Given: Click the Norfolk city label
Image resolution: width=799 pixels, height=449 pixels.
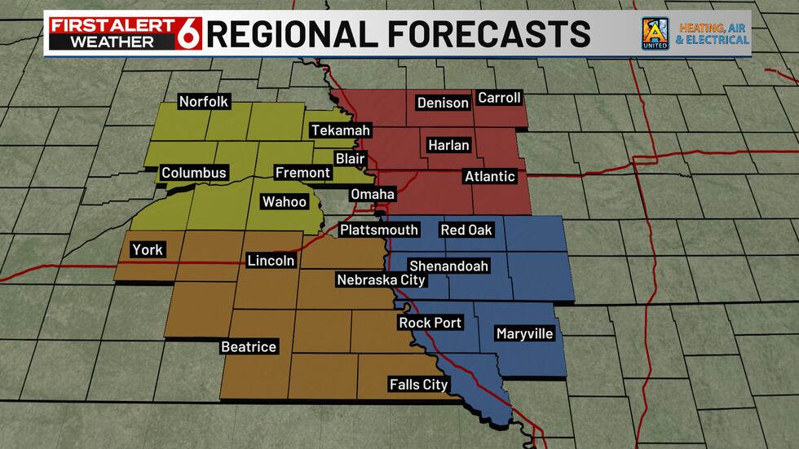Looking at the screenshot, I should coord(204,102).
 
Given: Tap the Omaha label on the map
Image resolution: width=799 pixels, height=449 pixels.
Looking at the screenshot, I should coord(373,194).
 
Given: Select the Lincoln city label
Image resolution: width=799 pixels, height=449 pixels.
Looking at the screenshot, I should coord(271,261).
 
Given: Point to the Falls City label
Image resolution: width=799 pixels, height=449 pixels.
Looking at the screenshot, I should coord(418,385).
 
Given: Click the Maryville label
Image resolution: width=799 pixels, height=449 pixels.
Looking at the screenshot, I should coord(524,334).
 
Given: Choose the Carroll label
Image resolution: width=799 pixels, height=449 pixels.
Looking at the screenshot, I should coord(499,98).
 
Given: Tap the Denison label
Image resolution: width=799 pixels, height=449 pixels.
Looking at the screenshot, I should coord(443,103).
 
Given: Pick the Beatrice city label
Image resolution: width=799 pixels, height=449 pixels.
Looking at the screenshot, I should coord(249,347).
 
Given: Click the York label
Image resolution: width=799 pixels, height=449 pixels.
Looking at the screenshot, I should coord(148,250).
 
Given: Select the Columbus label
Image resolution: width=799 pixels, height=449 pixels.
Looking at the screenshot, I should coord(193,173).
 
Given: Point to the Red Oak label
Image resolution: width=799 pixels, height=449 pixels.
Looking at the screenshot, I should coord(466,230).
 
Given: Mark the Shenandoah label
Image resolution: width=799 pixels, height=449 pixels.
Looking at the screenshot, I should coord(448,266).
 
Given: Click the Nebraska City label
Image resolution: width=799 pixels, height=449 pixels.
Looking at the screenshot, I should coord(382,280).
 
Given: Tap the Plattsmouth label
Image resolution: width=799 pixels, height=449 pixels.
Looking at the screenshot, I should coord(379,230).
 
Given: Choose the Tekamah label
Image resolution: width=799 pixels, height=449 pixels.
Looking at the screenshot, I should coord(341,130).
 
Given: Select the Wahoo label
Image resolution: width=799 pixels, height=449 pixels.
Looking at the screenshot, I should coord(284,202).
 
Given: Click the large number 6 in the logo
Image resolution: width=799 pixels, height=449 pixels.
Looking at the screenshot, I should coord(190,33).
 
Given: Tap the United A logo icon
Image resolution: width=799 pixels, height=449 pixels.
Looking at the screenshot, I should coord(655,33).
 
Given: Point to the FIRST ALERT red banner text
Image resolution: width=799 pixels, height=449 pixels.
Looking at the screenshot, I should coord(112,24).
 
